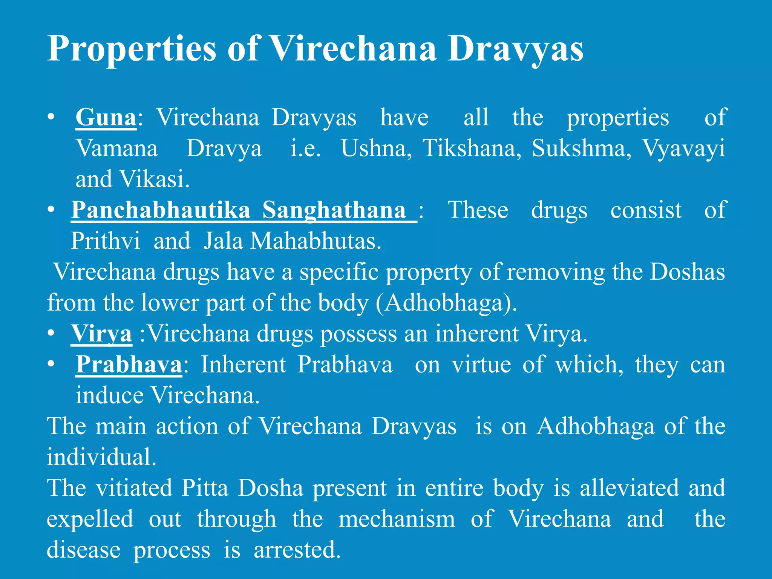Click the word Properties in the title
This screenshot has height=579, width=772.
132,49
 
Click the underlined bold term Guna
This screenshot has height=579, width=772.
106,117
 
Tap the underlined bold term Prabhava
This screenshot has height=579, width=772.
129,365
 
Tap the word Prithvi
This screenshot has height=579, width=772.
106,241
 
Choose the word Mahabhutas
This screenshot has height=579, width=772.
316,241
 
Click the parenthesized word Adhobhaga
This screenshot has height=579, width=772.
446,303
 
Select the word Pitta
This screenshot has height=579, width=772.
205,488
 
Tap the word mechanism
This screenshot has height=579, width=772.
397,519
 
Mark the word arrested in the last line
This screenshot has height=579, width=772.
297,550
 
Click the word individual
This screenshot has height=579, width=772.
101,457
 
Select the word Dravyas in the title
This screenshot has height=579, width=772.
515,49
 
